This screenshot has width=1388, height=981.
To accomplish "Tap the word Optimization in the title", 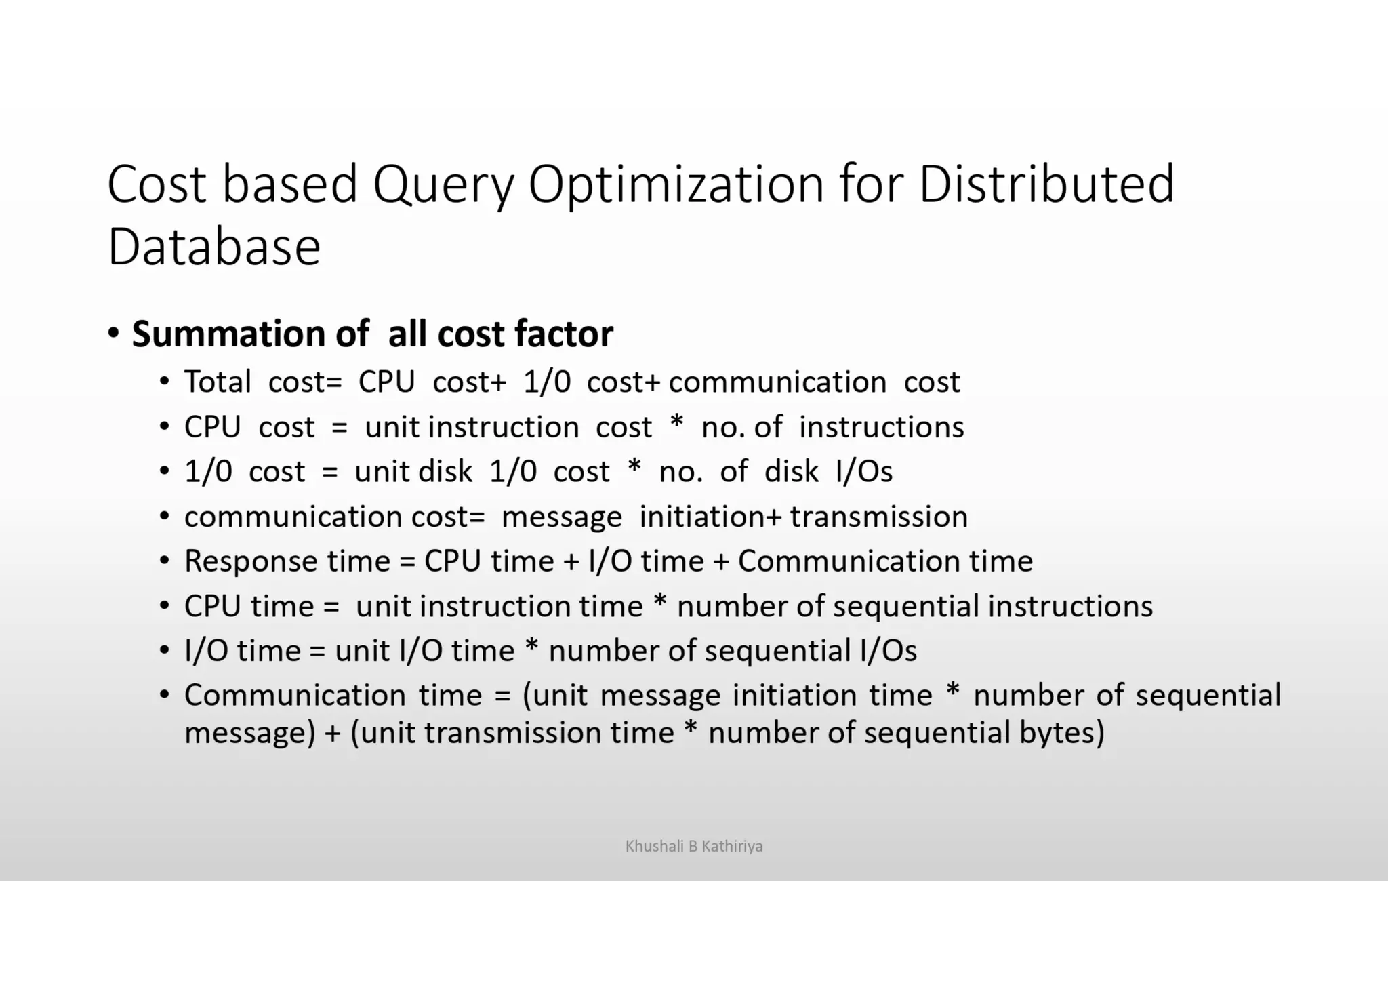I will coord(675,184).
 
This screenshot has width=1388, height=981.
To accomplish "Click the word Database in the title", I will coord(213,247).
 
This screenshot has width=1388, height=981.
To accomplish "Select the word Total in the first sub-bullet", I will coord(217,382).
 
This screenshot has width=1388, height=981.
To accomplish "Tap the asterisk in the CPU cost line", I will coord(676,424).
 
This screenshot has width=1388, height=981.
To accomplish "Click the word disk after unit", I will coord(445,471).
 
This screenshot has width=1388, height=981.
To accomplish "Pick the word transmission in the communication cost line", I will coord(879,517).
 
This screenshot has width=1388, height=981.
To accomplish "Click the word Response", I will coord(250,561).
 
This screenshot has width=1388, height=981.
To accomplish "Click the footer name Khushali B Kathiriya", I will coord(693,846).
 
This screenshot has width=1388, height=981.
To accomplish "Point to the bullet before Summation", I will coord(113,334).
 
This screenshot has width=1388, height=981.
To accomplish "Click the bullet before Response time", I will coord(164,562).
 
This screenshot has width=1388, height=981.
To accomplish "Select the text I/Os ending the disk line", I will coord(864,471).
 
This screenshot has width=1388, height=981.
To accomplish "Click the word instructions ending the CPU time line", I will coord(1070,606).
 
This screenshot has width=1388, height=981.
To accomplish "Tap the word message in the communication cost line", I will coord(561,517).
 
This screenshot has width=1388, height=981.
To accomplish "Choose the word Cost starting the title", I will coord(157,184).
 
